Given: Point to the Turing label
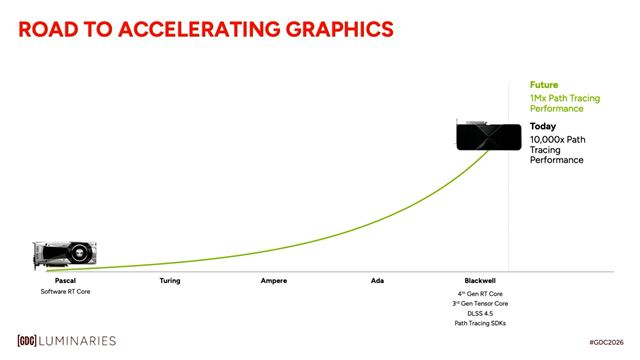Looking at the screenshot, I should [170, 281].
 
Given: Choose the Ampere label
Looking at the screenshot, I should [274, 281].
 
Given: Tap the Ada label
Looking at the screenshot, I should [377, 281].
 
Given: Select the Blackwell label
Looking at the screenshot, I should [481, 281].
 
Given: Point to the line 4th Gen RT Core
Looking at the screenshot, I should [481, 292].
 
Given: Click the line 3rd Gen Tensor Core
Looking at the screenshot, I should [481, 303].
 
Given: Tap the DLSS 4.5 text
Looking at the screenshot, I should [481, 313].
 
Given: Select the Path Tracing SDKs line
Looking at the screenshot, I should [481, 323].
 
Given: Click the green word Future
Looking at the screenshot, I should [543, 86].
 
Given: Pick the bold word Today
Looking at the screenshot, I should [542, 126].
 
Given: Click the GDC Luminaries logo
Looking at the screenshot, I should [66, 341].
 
